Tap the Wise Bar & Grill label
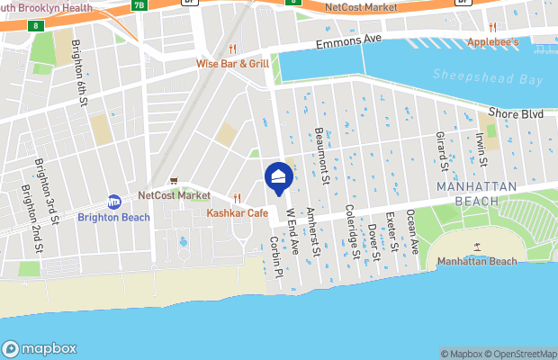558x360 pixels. (233, 64)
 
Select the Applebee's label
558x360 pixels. (493, 42)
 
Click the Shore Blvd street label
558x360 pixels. (517, 113)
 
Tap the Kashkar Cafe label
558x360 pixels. (238, 212)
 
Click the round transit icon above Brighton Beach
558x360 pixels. (114, 202)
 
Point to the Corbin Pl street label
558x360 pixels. (276, 256)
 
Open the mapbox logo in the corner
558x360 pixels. (40, 348)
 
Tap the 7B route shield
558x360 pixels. (139, 4)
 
